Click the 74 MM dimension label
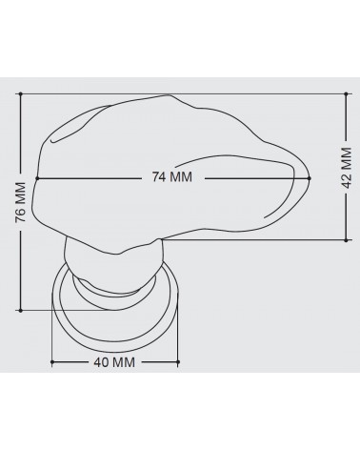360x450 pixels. pos(172,176)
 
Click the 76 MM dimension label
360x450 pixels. pos(20,202)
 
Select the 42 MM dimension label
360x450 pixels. pos(347,168)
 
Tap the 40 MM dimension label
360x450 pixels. pos(114,362)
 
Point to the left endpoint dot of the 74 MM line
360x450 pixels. pos(37,178)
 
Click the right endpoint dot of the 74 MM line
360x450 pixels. pos(310,178)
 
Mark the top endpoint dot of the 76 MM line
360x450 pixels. pos(21,94)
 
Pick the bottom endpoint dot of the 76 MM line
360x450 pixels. pos(21,310)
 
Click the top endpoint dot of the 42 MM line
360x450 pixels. pos(346,94)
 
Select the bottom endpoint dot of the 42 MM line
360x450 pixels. pos(346,240)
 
